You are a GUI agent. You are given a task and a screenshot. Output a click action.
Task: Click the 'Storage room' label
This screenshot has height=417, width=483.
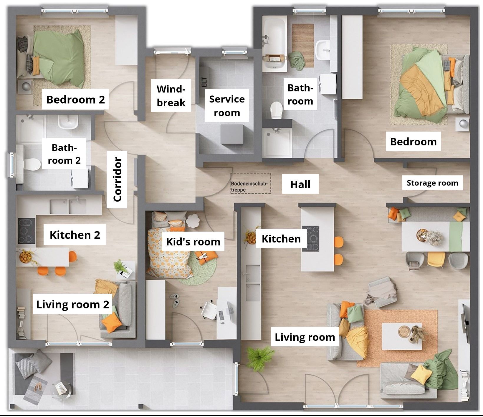point(432,183)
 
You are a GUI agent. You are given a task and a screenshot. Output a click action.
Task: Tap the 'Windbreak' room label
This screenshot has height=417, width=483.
point(171,96)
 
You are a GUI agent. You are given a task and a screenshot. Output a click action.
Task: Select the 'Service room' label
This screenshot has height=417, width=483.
point(227,106)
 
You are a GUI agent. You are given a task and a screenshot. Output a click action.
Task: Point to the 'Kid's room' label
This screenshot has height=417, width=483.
point(193,242)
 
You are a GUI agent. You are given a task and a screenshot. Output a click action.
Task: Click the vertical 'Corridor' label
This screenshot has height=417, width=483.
point(117,180)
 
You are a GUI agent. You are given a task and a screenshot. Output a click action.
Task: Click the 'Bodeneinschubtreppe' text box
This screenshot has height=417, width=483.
point(250,183)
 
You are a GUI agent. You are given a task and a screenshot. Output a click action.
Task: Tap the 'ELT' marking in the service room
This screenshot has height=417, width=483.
point(204,82)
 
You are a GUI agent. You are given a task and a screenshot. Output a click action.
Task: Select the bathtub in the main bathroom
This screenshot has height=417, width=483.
point(275,43)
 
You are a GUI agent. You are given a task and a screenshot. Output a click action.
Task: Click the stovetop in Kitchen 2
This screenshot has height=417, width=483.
point(27,231)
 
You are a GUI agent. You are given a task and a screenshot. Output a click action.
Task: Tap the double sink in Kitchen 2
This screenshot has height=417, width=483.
point(68,206)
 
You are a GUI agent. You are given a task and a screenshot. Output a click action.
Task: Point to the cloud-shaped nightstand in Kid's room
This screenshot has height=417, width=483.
point(193,221)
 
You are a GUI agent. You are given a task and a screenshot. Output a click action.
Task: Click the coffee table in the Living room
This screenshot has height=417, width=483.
point(402,336)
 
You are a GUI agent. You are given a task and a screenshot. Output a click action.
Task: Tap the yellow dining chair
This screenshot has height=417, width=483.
point(436,259)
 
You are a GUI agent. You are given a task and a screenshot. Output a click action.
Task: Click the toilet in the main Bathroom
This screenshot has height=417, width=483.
point(276,110)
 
